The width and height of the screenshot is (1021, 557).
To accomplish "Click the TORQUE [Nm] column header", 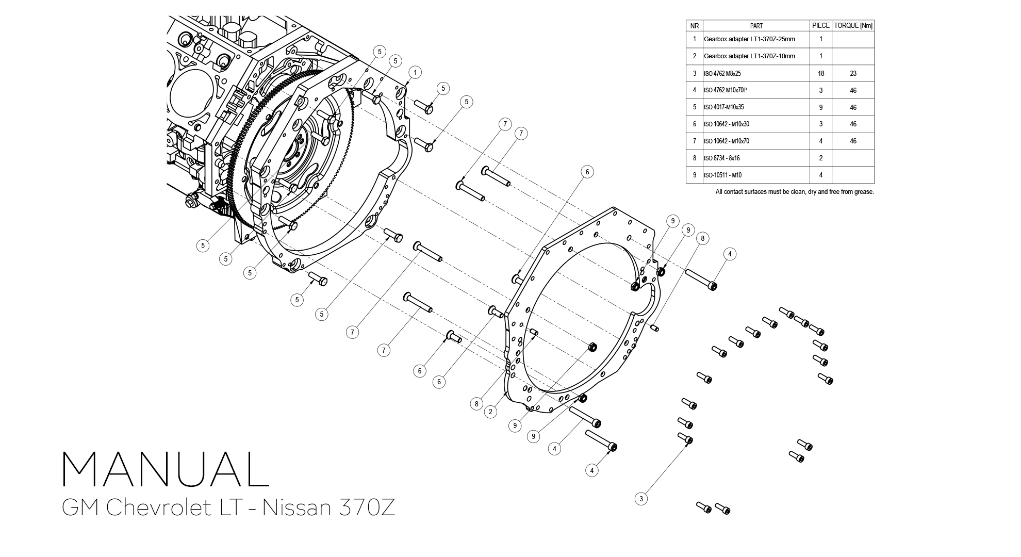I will click(x=853, y=25).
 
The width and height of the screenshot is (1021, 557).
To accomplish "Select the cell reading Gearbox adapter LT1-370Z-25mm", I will click(x=749, y=39).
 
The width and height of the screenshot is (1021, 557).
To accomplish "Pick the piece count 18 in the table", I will click(x=820, y=73).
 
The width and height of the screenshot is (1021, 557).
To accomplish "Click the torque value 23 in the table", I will click(x=853, y=73).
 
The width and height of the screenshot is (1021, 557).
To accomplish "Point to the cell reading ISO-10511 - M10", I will click(x=722, y=175).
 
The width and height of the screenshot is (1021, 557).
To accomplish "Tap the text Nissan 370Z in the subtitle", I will click(x=328, y=508).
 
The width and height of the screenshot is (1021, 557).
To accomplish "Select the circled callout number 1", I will click(x=415, y=72).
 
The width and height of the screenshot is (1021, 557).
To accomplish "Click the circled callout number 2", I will click(x=490, y=412).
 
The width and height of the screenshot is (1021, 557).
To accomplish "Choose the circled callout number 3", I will click(x=641, y=499).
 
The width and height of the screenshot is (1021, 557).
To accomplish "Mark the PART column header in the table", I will click(x=756, y=25).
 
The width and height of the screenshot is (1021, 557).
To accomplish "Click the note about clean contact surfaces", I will click(x=794, y=192).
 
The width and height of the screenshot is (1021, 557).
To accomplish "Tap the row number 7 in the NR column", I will click(x=694, y=141).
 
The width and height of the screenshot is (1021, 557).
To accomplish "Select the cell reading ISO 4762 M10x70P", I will click(x=725, y=90).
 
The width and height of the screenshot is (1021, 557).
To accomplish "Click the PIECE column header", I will click(x=820, y=25).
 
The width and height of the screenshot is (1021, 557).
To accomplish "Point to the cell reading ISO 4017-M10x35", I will click(x=724, y=107).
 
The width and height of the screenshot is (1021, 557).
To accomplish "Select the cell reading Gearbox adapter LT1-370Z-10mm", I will click(x=749, y=56).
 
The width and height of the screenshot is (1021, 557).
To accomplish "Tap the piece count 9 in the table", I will click(x=820, y=107).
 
